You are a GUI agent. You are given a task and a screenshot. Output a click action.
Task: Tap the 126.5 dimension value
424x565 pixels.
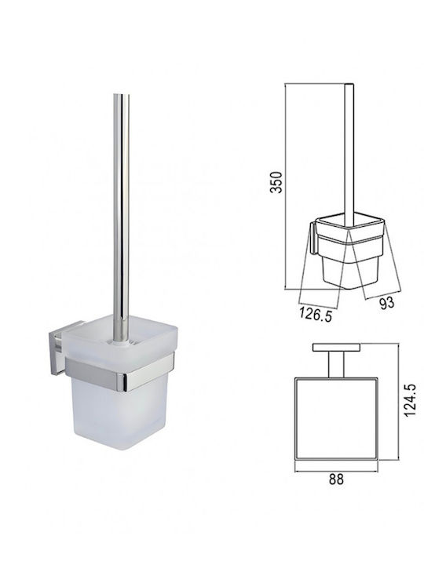[315, 315]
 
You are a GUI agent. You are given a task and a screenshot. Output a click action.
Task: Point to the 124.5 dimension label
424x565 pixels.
[410, 400]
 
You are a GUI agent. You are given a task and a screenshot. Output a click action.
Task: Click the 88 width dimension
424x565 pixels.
[336, 480]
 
